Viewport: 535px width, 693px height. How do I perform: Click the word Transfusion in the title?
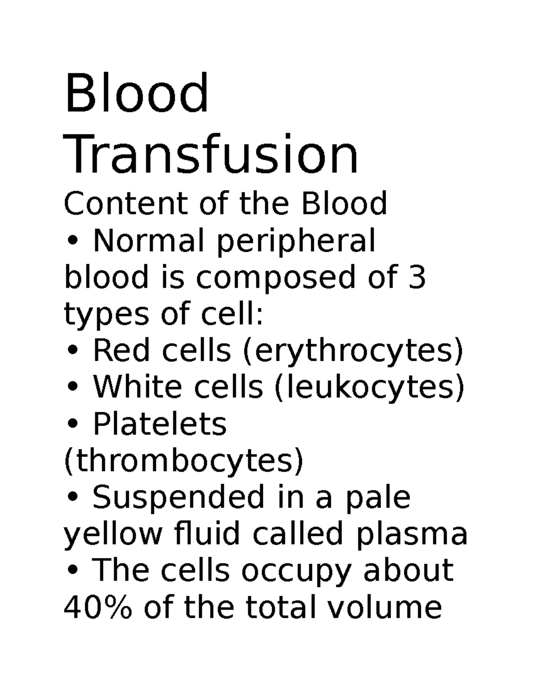coord(212,154)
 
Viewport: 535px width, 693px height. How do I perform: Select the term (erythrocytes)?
coord(352,351)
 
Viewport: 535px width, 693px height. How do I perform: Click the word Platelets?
coord(160,424)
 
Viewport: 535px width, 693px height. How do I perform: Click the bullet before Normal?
coord(74,242)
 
